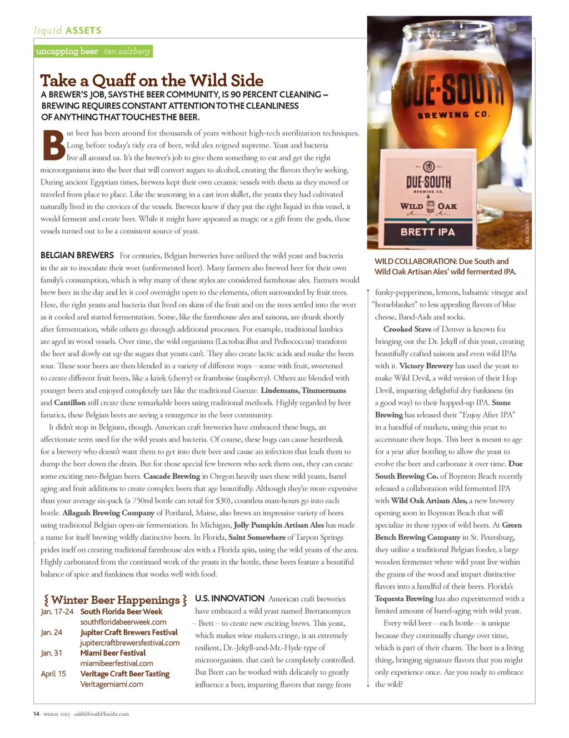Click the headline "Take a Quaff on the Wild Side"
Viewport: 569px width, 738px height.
(152, 81)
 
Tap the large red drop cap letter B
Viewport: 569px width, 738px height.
(53, 145)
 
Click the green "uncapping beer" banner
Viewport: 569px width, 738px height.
(93, 52)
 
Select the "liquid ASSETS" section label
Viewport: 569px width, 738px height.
(68, 31)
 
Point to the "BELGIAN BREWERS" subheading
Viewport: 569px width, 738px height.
(77, 255)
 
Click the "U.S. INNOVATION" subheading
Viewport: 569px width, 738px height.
(229, 599)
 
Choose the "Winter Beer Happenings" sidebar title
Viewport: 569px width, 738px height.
(115, 600)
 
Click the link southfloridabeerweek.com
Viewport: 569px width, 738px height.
(123, 622)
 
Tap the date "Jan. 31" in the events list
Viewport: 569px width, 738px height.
(51, 653)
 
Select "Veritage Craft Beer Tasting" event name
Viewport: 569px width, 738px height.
(125, 674)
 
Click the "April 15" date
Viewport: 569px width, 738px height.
(53, 674)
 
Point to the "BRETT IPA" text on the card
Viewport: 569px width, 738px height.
(428, 232)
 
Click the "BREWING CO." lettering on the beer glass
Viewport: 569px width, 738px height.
(453, 115)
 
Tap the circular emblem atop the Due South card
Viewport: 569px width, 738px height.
(428, 167)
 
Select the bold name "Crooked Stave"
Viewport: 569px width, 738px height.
(407, 329)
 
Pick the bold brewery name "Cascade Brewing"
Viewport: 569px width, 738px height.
(172, 476)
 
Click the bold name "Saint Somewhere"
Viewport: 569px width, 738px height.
(257, 537)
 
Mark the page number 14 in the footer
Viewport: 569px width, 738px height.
(36, 714)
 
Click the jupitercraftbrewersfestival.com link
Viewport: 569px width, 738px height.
(130, 642)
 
